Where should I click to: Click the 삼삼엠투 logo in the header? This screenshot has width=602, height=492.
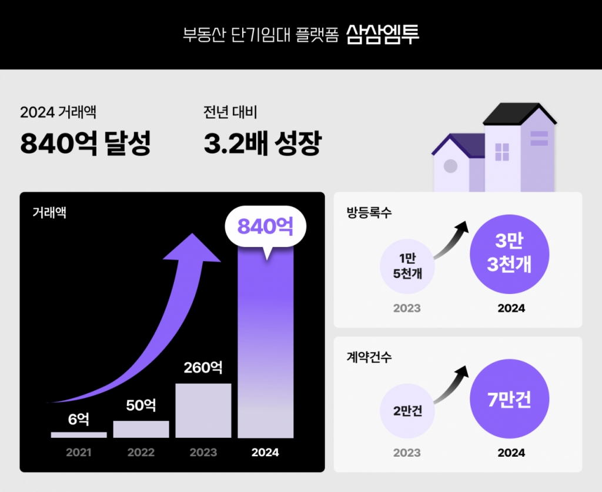coord(383,34)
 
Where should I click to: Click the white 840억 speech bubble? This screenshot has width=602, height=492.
coord(265,226)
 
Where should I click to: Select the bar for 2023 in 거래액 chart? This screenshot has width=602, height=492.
coord(203,410)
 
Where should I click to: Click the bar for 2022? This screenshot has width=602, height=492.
coord(141,429)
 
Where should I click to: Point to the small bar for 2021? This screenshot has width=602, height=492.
coord(79,435)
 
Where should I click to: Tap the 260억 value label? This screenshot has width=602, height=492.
coord(203,368)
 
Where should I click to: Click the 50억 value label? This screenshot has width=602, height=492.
coord(141,405)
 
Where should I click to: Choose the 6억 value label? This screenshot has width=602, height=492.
coord(79,419)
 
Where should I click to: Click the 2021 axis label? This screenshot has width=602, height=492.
coord(79,453)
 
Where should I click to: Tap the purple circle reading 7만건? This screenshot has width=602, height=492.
coord(509,400)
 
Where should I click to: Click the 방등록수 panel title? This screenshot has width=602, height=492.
coord(369,212)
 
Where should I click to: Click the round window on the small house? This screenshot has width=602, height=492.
coord(450,166)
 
